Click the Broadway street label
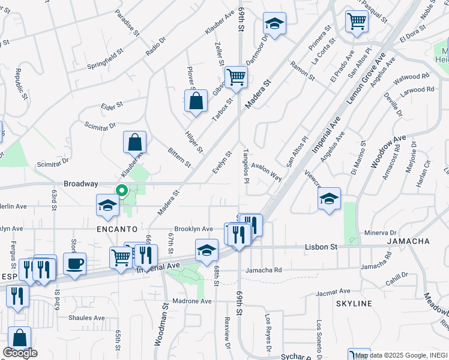coord(80,184)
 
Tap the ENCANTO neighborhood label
coord(116,229)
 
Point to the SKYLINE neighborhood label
coord(354,304)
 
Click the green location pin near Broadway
coord(121,191)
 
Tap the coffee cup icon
coord(74,264)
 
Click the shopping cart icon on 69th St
coord(236,77)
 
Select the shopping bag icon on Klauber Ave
coord(135,143)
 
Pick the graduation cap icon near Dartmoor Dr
coord(274,24)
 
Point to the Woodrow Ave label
coord(388,151)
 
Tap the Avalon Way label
coord(267,172)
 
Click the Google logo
coord(20,353)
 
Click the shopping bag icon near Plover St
coord(196,101)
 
